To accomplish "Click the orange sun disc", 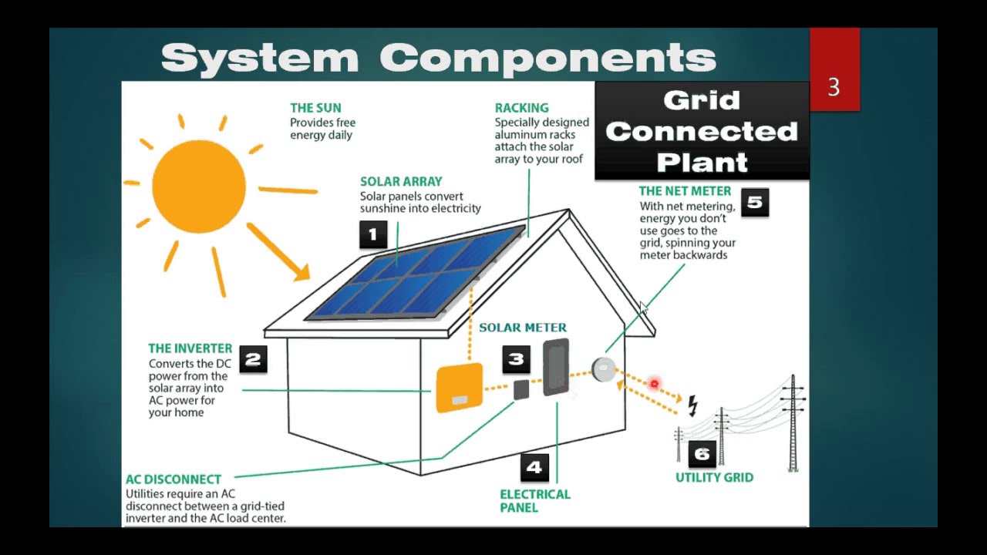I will point(198,186).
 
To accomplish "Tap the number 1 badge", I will point(373,234).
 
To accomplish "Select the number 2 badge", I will point(253,359).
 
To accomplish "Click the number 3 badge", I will point(516,359).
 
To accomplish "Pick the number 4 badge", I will point(534,467).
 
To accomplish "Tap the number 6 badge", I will point(702,453).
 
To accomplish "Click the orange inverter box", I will point(459,388).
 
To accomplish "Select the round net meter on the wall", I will point(603,369).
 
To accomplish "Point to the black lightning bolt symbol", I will point(692,405).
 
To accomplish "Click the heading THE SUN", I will point(315,108).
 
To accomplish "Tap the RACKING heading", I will point(522,108).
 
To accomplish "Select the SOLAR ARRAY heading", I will point(401,182).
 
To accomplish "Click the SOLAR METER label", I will point(523,328).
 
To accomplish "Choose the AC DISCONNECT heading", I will point(173,479).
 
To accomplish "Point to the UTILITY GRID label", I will point(714,478).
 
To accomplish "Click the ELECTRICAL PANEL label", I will point(535,501).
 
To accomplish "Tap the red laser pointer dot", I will point(654,383).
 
